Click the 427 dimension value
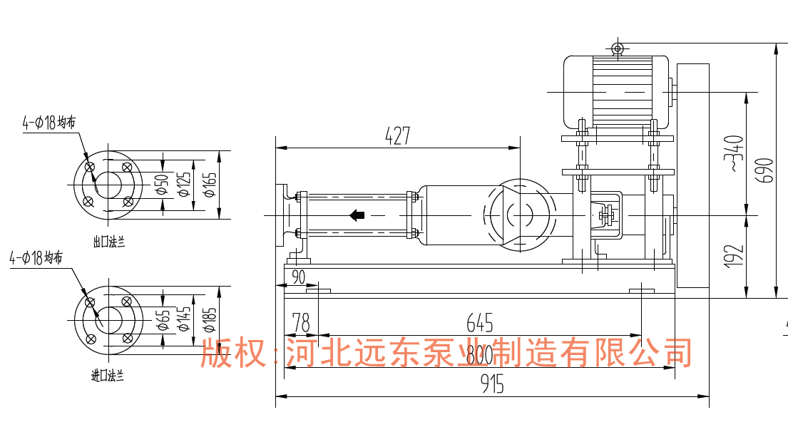[x=398, y=135]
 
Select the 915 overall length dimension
[x=492, y=385]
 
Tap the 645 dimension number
[x=480, y=324]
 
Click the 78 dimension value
[x=300, y=324]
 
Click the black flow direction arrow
[x=357, y=215]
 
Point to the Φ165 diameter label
[x=208, y=185]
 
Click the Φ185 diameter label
[x=209, y=320]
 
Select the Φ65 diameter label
[x=163, y=321]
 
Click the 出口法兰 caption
[x=109, y=242]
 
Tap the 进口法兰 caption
[x=108, y=376]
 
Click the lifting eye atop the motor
[x=617, y=48]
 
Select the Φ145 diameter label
[x=185, y=320]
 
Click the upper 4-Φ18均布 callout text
[x=48, y=123]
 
